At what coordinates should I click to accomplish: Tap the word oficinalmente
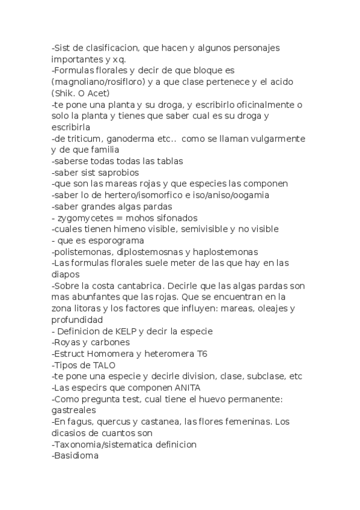[x=263, y=105]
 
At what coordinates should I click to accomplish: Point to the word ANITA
[x=184, y=388]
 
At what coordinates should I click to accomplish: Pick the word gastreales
[x=75, y=411]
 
